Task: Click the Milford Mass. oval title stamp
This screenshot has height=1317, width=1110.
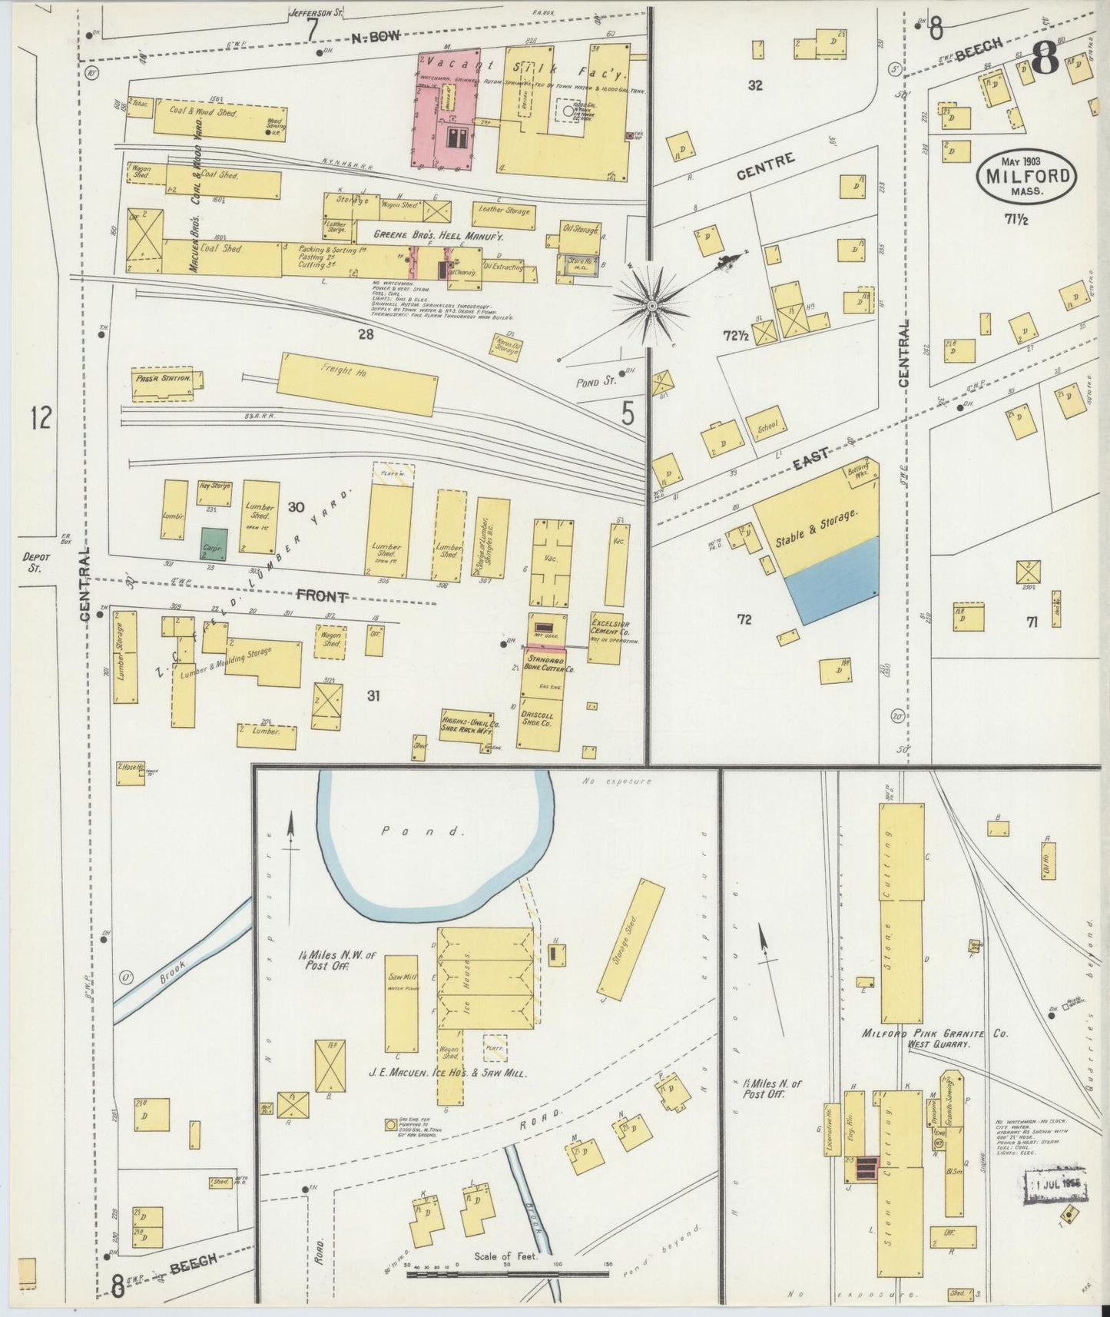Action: coord(1026,178)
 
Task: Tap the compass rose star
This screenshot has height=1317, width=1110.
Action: coord(651,306)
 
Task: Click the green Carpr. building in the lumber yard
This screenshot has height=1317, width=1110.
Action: coord(214,544)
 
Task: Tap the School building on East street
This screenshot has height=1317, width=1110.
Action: coord(767,428)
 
